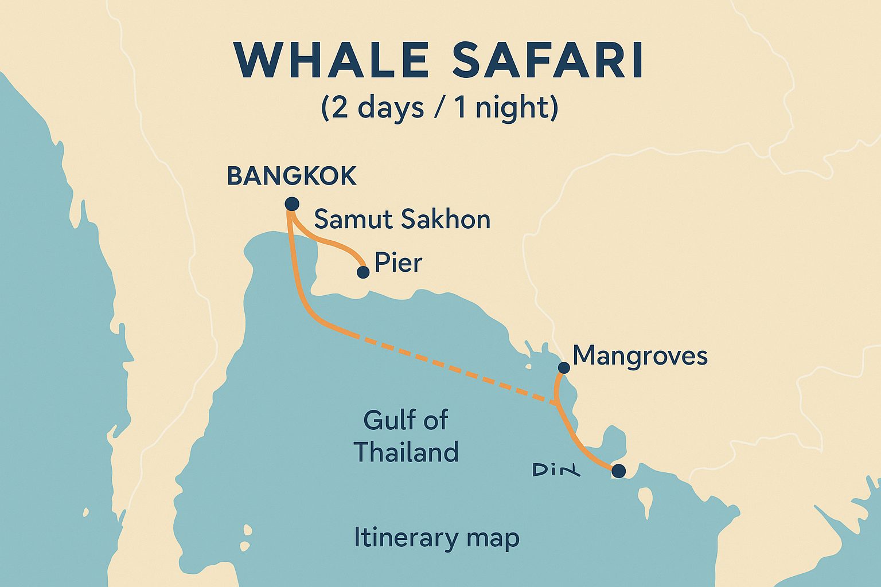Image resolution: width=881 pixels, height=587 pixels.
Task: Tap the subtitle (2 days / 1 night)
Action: coord(439,108)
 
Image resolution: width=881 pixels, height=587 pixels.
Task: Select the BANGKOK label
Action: coord(292,176)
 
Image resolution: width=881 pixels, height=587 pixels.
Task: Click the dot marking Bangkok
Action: coord(292,204)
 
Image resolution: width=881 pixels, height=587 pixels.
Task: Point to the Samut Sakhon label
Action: coord(402,220)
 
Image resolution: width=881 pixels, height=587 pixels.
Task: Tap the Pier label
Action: coord(398,263)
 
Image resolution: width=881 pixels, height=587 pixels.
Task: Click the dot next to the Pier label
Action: coord(363,272)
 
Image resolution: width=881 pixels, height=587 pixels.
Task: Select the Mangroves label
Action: coord(640,355)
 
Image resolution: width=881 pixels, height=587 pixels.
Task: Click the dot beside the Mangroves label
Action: coord(564,367)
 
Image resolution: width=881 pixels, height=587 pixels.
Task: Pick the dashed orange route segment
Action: coord(453,367)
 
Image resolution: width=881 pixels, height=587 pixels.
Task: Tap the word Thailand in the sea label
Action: coord(406,452)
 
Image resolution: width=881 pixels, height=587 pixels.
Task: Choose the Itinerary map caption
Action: coord(436,538)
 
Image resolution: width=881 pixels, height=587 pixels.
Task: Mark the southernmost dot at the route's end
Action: coord(618,471)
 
